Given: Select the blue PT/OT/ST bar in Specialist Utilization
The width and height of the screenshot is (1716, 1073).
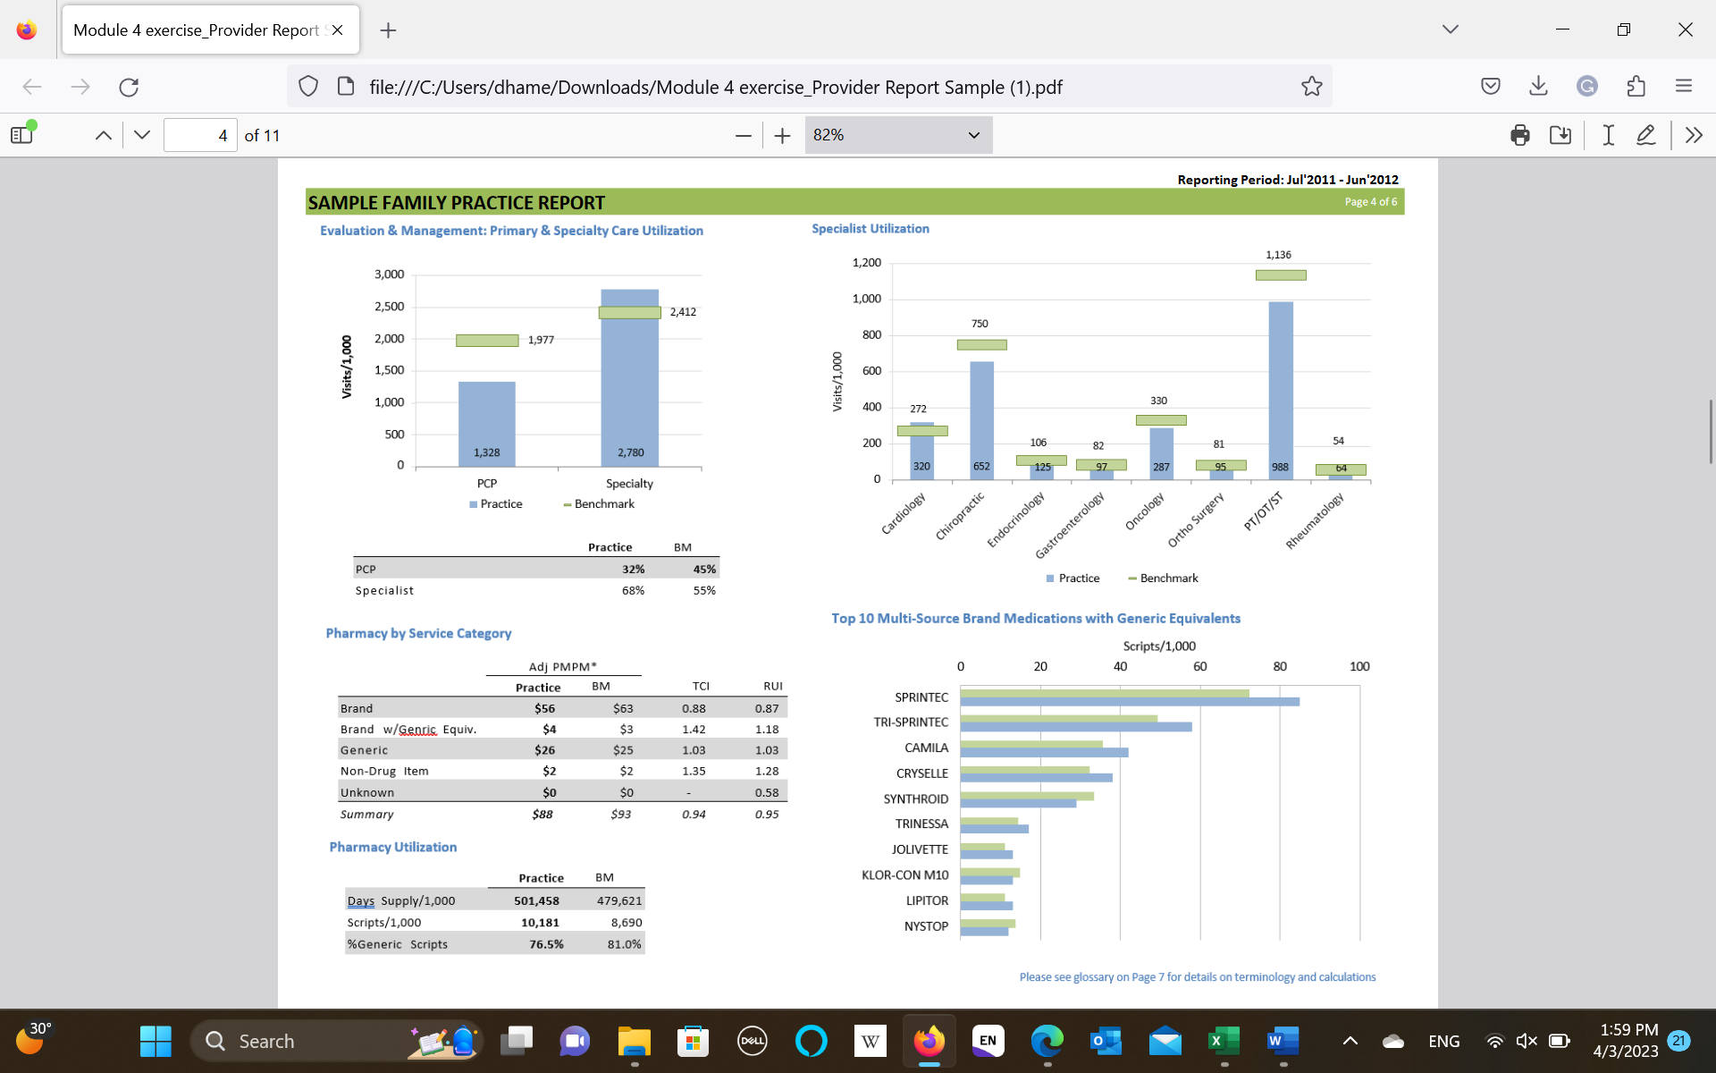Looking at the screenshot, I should (x=1280, y=384).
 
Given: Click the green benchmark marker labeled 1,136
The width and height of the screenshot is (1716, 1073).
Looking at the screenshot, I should (x=1280, y=275).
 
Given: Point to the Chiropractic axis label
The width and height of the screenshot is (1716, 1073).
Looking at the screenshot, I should (x=960, y=516).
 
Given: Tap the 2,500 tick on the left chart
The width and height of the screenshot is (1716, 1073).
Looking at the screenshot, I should (x=389, y=307).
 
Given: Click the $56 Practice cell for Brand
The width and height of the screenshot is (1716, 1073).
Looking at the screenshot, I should (x=544, y=708).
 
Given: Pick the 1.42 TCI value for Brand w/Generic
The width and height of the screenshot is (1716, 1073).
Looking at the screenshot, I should (x=694, y=730).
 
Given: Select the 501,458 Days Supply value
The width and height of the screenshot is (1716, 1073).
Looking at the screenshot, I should (x=536, y=901).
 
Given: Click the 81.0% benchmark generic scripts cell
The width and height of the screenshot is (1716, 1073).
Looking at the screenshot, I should (x=624, y=944).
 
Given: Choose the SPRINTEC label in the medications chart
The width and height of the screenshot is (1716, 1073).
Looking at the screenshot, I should (x=921, y=697).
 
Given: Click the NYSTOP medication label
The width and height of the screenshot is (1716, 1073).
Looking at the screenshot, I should (x=926, y=926).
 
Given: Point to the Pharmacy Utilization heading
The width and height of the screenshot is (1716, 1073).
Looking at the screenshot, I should (x=392, y=847).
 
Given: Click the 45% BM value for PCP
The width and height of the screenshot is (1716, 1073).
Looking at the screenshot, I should (x=704, y=570).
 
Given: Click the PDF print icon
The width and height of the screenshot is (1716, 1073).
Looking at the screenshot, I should (x=1519, y=135).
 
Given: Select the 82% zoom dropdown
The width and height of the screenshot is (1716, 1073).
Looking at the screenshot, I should (x=897, y=135).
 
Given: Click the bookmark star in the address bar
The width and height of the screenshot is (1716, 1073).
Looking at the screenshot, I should (x=1311, y=87).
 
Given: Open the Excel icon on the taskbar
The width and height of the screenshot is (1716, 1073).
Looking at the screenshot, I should (x=1224, y=1041).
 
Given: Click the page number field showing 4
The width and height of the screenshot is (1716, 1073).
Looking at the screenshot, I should (x=200, y=135).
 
